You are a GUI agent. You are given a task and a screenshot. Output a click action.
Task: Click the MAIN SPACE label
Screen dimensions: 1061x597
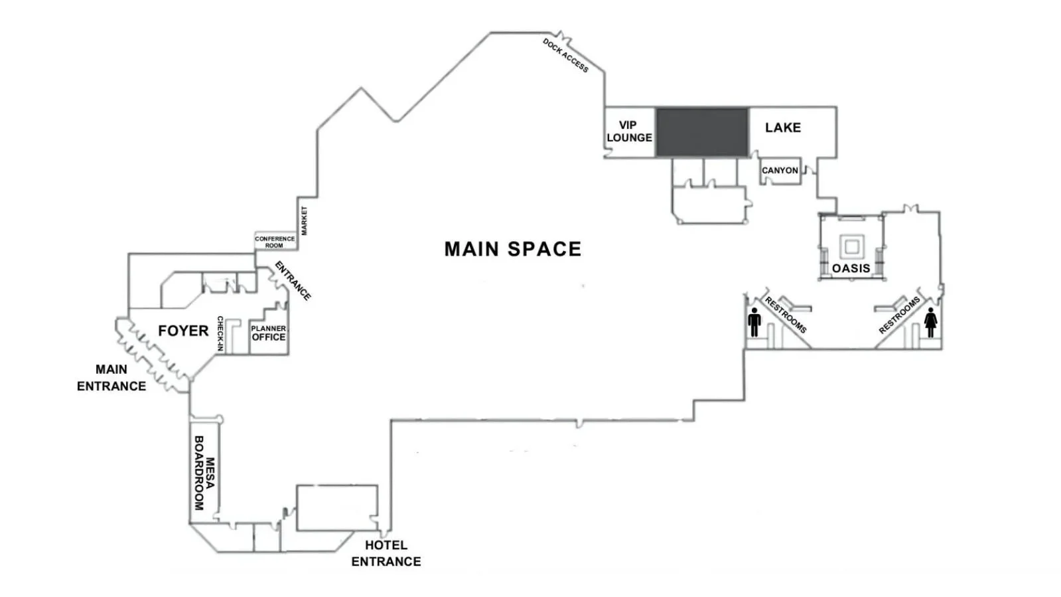tap(512, 249)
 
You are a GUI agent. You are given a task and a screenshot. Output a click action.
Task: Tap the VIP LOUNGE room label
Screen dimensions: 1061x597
tap(629, 131)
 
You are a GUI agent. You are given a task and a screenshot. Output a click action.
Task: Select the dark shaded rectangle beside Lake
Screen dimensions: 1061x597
tap(702, 132)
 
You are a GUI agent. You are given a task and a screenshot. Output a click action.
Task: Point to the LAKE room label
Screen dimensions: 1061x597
tap(783, 127)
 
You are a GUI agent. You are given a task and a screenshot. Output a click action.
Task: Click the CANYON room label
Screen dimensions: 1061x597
tap(780, 170)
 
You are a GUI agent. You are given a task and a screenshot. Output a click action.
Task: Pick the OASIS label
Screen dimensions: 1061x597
tap(851, 268)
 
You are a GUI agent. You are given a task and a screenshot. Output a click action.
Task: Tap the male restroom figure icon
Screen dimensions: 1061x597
tap(754, 322)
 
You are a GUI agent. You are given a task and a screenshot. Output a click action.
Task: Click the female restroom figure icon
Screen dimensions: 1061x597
tap(931, 323)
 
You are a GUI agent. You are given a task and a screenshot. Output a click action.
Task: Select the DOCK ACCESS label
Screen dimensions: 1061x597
tap(565, 56)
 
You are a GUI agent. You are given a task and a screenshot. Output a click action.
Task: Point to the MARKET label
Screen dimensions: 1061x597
tap(304, 220)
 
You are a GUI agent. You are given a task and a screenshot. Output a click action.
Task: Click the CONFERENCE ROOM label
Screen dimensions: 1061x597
tap(275, 242)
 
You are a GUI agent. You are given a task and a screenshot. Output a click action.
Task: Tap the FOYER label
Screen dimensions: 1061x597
tap(183, 331)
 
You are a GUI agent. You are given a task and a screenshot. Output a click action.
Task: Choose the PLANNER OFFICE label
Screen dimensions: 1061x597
tap(269, 333)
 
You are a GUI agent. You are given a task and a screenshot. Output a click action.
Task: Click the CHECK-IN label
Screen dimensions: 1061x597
tap(220, 334)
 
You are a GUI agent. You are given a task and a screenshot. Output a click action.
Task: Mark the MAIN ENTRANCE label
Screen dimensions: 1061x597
tap(111, 377)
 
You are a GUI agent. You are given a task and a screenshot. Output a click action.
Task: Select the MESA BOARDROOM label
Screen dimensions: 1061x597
tap(204, 473)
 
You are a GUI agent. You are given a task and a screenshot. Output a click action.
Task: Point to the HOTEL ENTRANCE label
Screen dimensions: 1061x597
tap(386, 553)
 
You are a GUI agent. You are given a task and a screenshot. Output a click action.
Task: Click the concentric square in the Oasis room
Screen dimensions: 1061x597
tap(851, 246)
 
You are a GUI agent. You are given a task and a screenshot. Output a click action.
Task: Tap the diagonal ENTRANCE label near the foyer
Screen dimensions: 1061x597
tap(293, 281)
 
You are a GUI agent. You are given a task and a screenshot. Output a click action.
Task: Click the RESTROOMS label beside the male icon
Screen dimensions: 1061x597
tap(786, 315)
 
